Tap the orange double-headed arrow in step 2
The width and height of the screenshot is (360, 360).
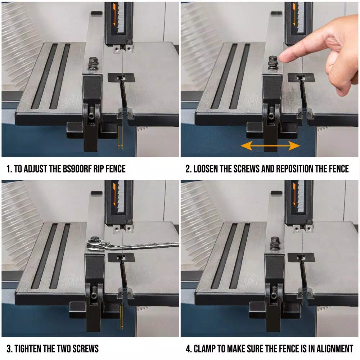[x=270, y=145]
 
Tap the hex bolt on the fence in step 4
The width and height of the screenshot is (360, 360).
[x=275, y=243]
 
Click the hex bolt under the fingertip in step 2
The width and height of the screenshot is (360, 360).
[x=273, y=62]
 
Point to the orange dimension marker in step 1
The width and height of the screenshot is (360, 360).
[x=120, y=138]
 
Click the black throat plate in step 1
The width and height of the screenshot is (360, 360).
[x=121, y=78]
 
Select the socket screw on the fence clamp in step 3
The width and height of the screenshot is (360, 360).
[x=94, y=295]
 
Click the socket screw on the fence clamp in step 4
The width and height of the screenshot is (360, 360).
[x=274, y=296]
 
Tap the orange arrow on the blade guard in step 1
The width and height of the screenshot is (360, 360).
[x=114, y=17]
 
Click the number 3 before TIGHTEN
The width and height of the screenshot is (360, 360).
[x=9, y=349]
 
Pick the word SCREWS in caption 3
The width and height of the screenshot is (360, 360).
[x=86, y=349]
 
